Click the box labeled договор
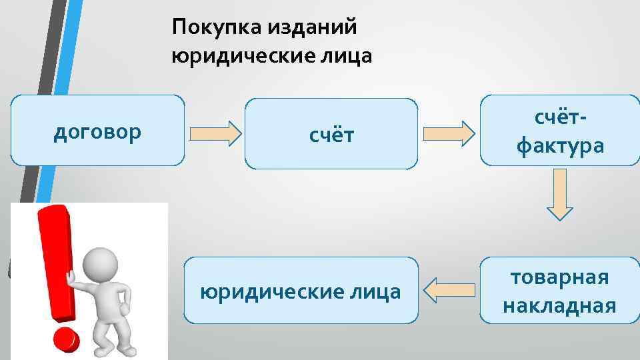[x=97, y=130]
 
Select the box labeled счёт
[x=331, y=134]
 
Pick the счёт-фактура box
[x=560, y=131]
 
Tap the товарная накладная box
[x=560, y=291]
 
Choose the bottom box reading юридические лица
[x=301, y=291]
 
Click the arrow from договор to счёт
[x=215, y=133]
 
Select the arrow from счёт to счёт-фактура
[x=449, y=133]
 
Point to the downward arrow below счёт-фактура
[x=560, y=194]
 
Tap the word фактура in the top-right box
[x=560, y=145]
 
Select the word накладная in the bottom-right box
[x=560, y=306]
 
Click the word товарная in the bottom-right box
[x=560, y=277]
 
